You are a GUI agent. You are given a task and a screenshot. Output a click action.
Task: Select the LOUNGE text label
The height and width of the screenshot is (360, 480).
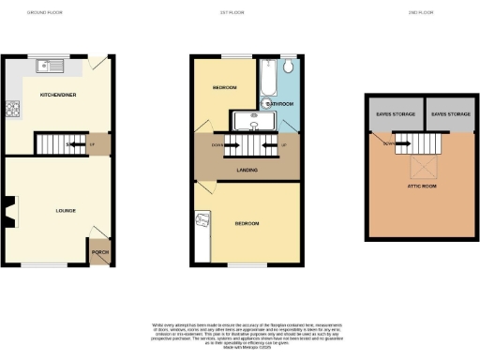click(x=51, y=211)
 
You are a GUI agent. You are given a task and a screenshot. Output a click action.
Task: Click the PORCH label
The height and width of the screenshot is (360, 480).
click(x=99, y=252)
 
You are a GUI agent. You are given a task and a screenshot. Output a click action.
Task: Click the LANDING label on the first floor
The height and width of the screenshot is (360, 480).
click(x=247, y=170)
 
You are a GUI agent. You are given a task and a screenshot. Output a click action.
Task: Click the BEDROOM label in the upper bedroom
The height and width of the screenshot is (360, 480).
click(x=225, y=88)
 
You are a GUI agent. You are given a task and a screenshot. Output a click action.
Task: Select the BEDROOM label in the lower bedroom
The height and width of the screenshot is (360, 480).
click(x=247, y=223)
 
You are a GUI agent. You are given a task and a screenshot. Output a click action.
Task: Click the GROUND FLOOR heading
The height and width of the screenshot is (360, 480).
click(x=43, y=12)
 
